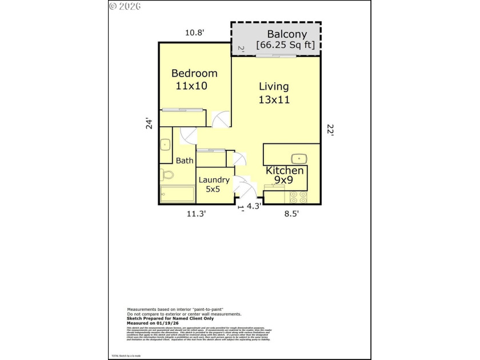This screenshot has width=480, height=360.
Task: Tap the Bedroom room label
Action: (x=194, y=73)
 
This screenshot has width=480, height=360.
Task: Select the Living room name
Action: (x=274, y=87)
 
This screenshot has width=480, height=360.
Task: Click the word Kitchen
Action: (x=285, y=170)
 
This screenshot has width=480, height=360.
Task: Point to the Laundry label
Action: (x=214, y=180)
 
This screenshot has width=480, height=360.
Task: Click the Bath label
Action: (x=184, y=161)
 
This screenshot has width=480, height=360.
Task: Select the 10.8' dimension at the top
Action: (x=194, y=33)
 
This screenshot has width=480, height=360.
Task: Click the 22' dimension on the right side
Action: (x=329, y=130)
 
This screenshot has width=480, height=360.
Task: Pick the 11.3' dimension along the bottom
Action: (x=196, y=214)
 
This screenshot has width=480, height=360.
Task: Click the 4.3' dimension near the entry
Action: (x=253, y=207)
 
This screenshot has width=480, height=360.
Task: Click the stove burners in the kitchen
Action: (x=298, y=197)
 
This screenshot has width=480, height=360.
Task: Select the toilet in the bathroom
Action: (x=166, y=174)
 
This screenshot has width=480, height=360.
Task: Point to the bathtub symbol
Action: (x=177, y=195)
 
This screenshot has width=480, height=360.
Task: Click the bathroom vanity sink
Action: (x=165, y=145)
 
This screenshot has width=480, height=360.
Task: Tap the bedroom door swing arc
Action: (x=219, y=119)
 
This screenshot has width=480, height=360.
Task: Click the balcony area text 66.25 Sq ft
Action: (x=282, y=45)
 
